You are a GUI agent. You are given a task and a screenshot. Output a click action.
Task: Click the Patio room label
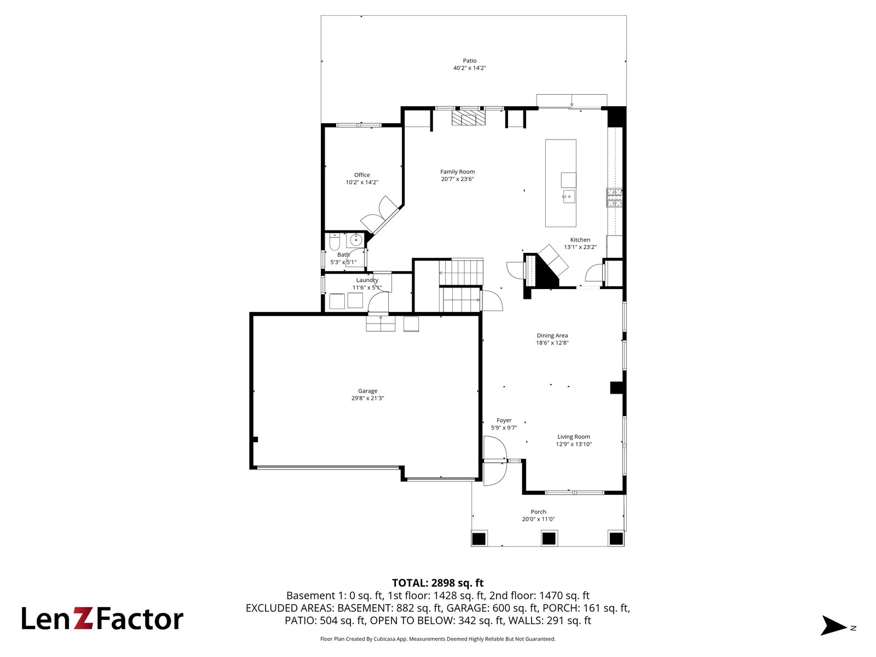[469, 61]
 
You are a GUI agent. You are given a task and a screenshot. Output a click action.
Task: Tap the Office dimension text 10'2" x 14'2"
[361, 182]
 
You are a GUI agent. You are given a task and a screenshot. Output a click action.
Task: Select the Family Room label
[457, 172]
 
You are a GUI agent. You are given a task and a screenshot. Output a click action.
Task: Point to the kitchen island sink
[569, 197]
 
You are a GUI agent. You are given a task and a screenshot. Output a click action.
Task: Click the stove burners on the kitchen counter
[614, 198]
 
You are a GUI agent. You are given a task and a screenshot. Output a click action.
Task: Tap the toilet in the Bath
[334, 241]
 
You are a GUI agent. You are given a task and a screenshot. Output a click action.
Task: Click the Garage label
[367, 391]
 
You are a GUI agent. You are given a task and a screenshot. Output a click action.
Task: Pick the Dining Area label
[552, 336]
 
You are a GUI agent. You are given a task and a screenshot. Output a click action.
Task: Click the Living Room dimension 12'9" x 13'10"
[573, 444]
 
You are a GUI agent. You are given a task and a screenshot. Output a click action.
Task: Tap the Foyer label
[504, 420]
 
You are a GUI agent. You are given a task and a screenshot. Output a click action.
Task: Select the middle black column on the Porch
[549, 539]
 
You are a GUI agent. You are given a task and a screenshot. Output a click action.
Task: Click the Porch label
[538, 512]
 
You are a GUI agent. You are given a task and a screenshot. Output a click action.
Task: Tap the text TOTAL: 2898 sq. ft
[437, 583]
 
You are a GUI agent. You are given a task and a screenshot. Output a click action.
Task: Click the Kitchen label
[580, 240]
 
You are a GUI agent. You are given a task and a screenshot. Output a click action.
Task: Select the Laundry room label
[367, 280]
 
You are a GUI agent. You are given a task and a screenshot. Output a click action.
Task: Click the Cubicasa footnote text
[437, 639]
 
